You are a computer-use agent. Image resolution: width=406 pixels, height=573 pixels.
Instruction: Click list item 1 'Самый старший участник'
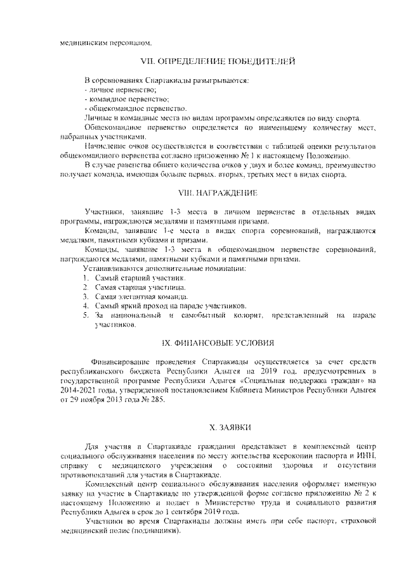pyautogui.click(x=132, y=278)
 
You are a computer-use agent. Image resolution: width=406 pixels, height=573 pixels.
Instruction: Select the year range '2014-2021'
pyautogui.click(x=77, y=389)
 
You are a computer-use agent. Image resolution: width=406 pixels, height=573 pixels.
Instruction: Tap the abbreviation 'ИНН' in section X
pyautogui.click(x=367, y=457)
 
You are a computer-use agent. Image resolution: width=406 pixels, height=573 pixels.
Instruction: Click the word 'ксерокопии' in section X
pyautogui.click(x=301, y=457)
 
